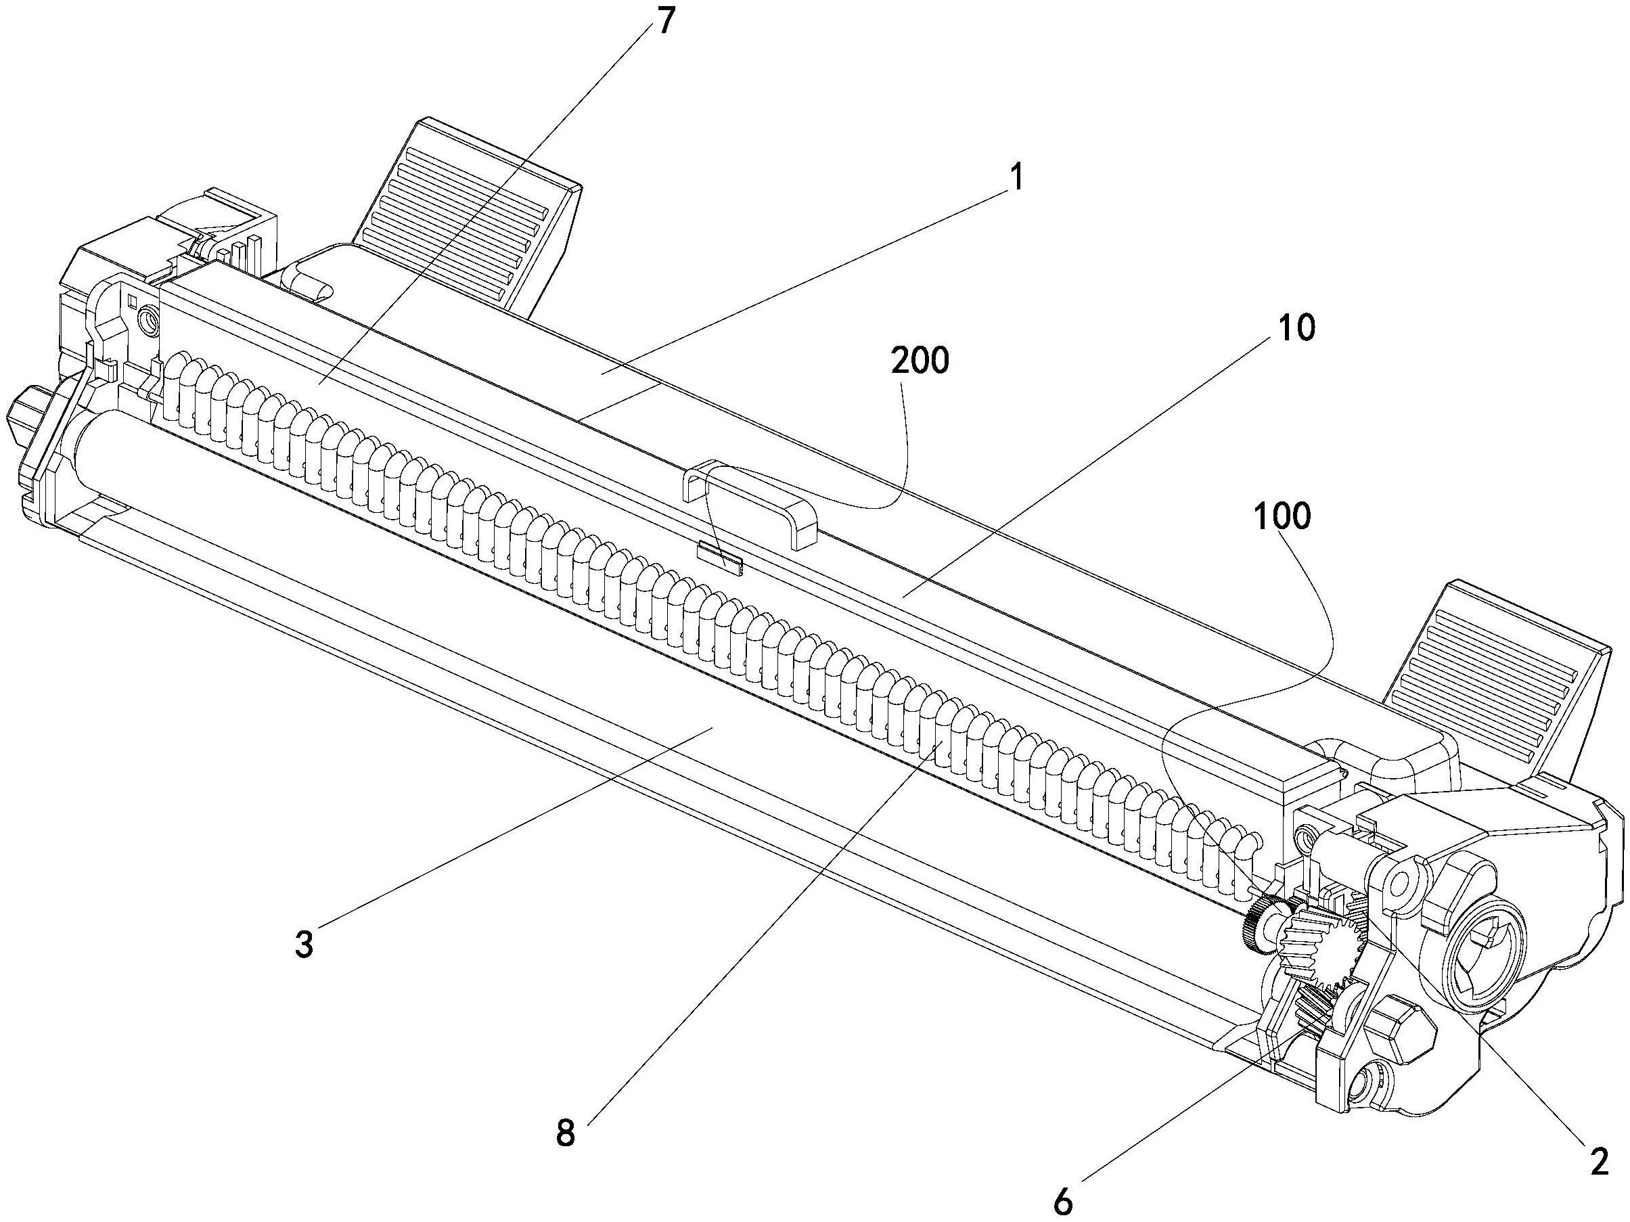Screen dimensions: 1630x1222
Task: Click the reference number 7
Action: (665, 23)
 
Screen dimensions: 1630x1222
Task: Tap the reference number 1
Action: (1016, 179)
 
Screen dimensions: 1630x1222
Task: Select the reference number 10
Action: (1296, 327)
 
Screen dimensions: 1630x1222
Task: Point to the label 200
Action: (920, 361)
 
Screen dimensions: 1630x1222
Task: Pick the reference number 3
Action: (304, 943)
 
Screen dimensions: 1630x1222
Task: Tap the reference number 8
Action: (565, 1133)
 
